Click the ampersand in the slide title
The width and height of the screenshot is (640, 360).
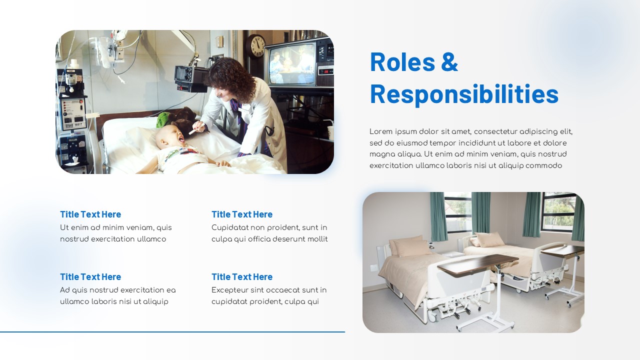pyautogui.click(x=449, y=62)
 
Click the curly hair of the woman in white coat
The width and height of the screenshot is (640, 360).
pyautogui.click(x=231, y=79)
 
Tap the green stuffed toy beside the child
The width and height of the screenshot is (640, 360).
pyautogui.click(x=163, y=120)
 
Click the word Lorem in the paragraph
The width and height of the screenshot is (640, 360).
pyautogui.click(x=381, y=131)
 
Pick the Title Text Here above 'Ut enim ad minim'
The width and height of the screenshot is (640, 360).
pyautogui.click(x=90, y=214)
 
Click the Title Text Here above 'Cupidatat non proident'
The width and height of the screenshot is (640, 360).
pyautogui.click(x=242, y=214)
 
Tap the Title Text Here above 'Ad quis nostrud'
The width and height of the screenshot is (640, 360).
pyautogui.click(x=90, y=277)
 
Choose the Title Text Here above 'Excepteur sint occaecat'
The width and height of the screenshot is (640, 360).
pyautogui.click(x=242, y=277)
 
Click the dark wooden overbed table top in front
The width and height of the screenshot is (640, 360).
pyautogui.click(x=477, y=264)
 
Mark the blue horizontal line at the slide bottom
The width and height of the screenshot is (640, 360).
pyautogui.click(x=172, y=332)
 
